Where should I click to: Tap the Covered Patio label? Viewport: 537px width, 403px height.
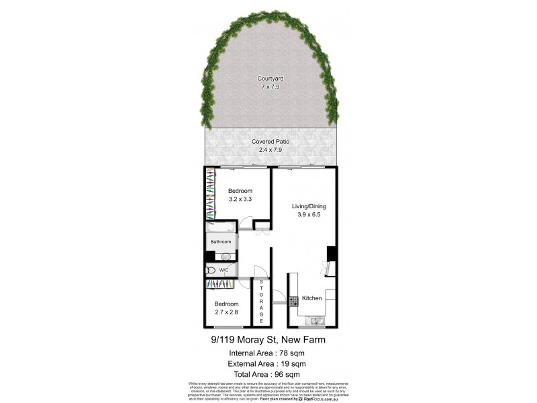[271, 142]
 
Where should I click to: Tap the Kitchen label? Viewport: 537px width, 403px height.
[312, 298]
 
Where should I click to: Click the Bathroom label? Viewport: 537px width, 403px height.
[221, 242]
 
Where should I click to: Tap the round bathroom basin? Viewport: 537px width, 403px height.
[225, 256]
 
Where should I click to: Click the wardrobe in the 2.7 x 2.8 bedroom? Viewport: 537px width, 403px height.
[219, 285]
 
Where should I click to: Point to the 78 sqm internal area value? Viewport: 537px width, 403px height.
[285, 352]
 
